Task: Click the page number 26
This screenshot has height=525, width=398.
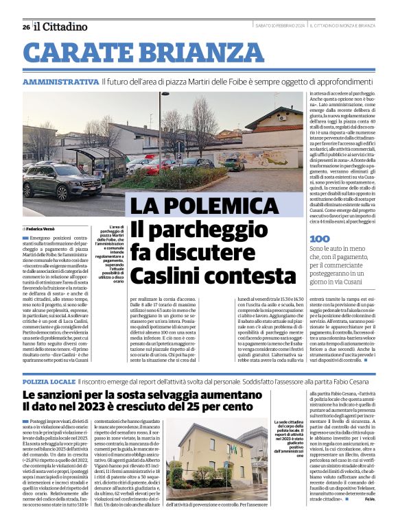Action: pyautogui.click(x=25, y=27)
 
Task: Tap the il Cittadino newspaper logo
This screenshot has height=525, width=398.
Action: pyautogui.click(x=61, y=27)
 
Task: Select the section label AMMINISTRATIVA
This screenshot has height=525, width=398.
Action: pyautogui.click(x=60, y=82)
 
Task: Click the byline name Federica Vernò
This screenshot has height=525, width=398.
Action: pyautogui.click(x=43, y=228)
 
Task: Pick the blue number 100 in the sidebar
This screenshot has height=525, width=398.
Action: pyautogui.click(x=320, y=239)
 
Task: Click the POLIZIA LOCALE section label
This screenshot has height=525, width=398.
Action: pyautogui.click(x=48, y=380)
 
